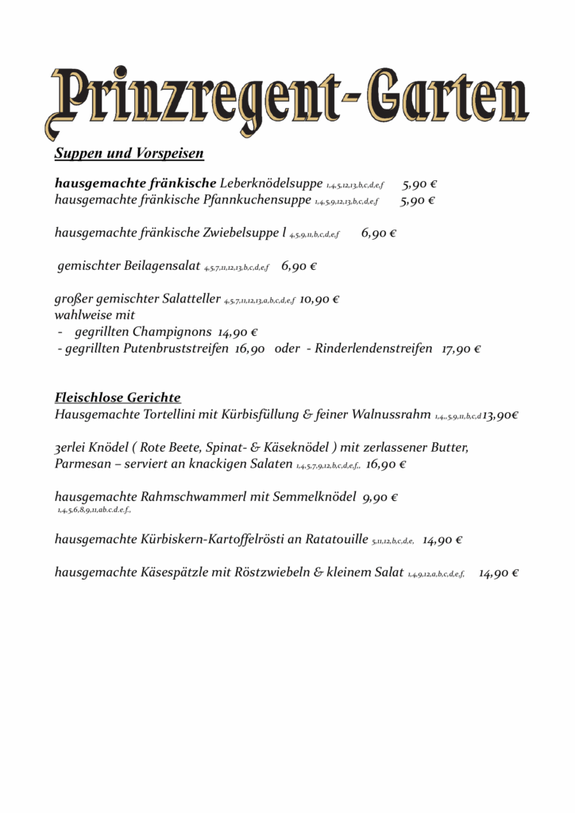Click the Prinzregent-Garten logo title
287,103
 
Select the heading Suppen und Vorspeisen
129,153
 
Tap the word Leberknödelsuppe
271,183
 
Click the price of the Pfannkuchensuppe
417,200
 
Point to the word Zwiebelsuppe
241,233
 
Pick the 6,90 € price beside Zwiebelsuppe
378,233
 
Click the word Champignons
172,332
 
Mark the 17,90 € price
461,349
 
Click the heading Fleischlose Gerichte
118,397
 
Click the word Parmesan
83,464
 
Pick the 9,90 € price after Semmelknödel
380,498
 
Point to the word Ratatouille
335,540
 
